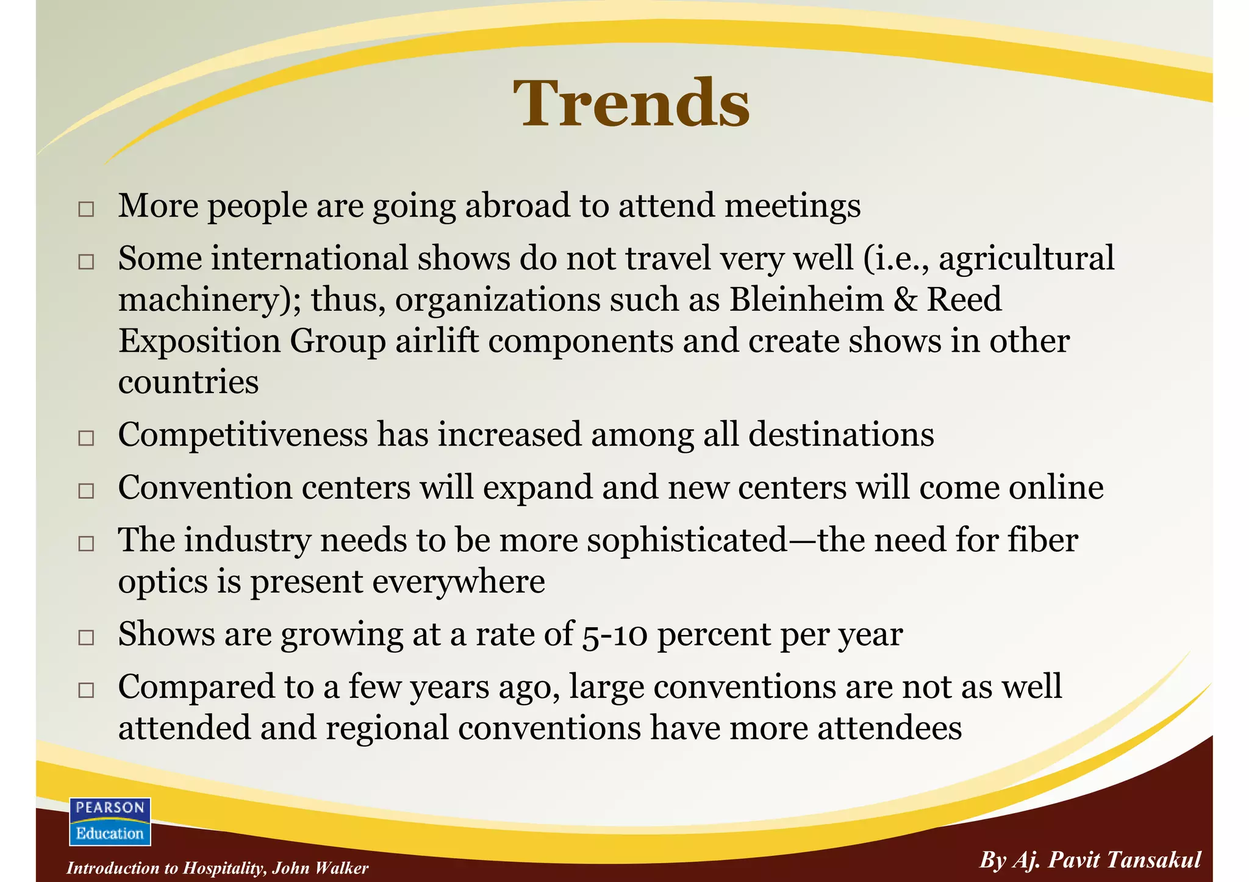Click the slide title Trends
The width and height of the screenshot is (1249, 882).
coord(631,104)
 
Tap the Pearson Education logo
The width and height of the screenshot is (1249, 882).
coord(110,821)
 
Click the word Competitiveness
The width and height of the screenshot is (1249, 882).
coord(243,435)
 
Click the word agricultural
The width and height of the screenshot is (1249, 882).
coord(1026,258)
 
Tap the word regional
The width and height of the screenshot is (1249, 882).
coord(387,728)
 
